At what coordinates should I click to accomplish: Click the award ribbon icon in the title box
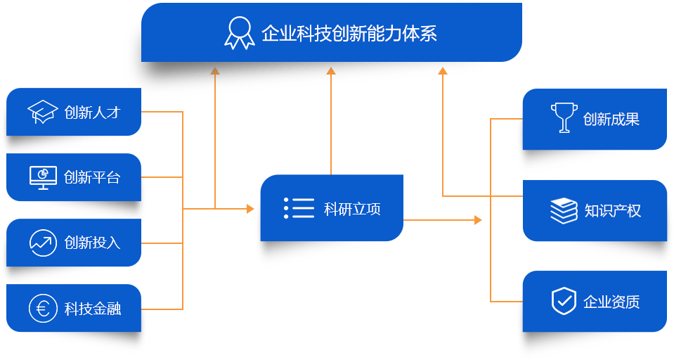point(240,33)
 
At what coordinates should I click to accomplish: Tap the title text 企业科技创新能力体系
point(349,33)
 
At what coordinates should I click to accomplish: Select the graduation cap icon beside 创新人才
point(43,112)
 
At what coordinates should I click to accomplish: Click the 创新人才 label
point(92,112)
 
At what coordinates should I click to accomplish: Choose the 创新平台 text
point(92,177)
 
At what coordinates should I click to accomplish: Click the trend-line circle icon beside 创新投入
point(43,243)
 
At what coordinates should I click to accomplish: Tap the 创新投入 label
point(92,243)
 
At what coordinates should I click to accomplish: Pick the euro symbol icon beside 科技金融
point(43,309)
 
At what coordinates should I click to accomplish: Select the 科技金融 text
point(92,309)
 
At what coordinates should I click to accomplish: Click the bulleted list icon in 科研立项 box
point(299,208)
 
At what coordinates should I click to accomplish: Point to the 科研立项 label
point(352,209)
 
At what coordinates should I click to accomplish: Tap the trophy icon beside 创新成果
point(564,117)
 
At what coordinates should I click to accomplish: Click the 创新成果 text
point(611,119)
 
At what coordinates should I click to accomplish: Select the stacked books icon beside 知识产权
point(564,211)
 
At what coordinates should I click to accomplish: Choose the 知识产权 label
point(613,210)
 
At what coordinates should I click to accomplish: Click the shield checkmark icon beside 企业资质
point(564,301)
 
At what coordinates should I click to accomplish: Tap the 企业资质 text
point(611,302)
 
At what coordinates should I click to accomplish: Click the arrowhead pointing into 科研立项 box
point(251,209)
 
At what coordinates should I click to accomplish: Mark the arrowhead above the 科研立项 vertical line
point(331,71)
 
